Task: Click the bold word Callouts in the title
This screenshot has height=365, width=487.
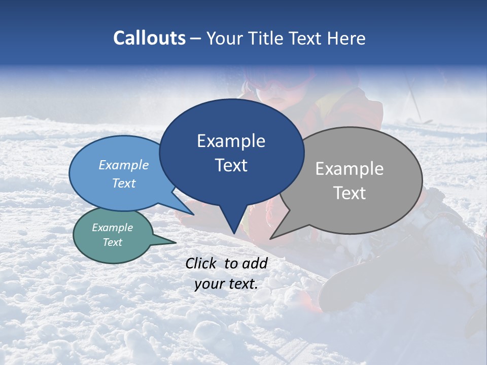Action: coord(150,38)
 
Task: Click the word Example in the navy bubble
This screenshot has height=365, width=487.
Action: coord(231,141)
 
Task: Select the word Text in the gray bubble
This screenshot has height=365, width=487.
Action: coord(350,193)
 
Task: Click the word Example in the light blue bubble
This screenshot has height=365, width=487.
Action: coord(124,165)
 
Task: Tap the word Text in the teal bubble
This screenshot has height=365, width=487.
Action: coord(113,242)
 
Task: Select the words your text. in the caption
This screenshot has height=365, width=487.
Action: coord(226,284)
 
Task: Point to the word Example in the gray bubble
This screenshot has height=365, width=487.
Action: coord(350,168)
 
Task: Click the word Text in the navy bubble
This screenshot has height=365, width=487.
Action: coord(231,165)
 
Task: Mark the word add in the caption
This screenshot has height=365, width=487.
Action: coord(255,263)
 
